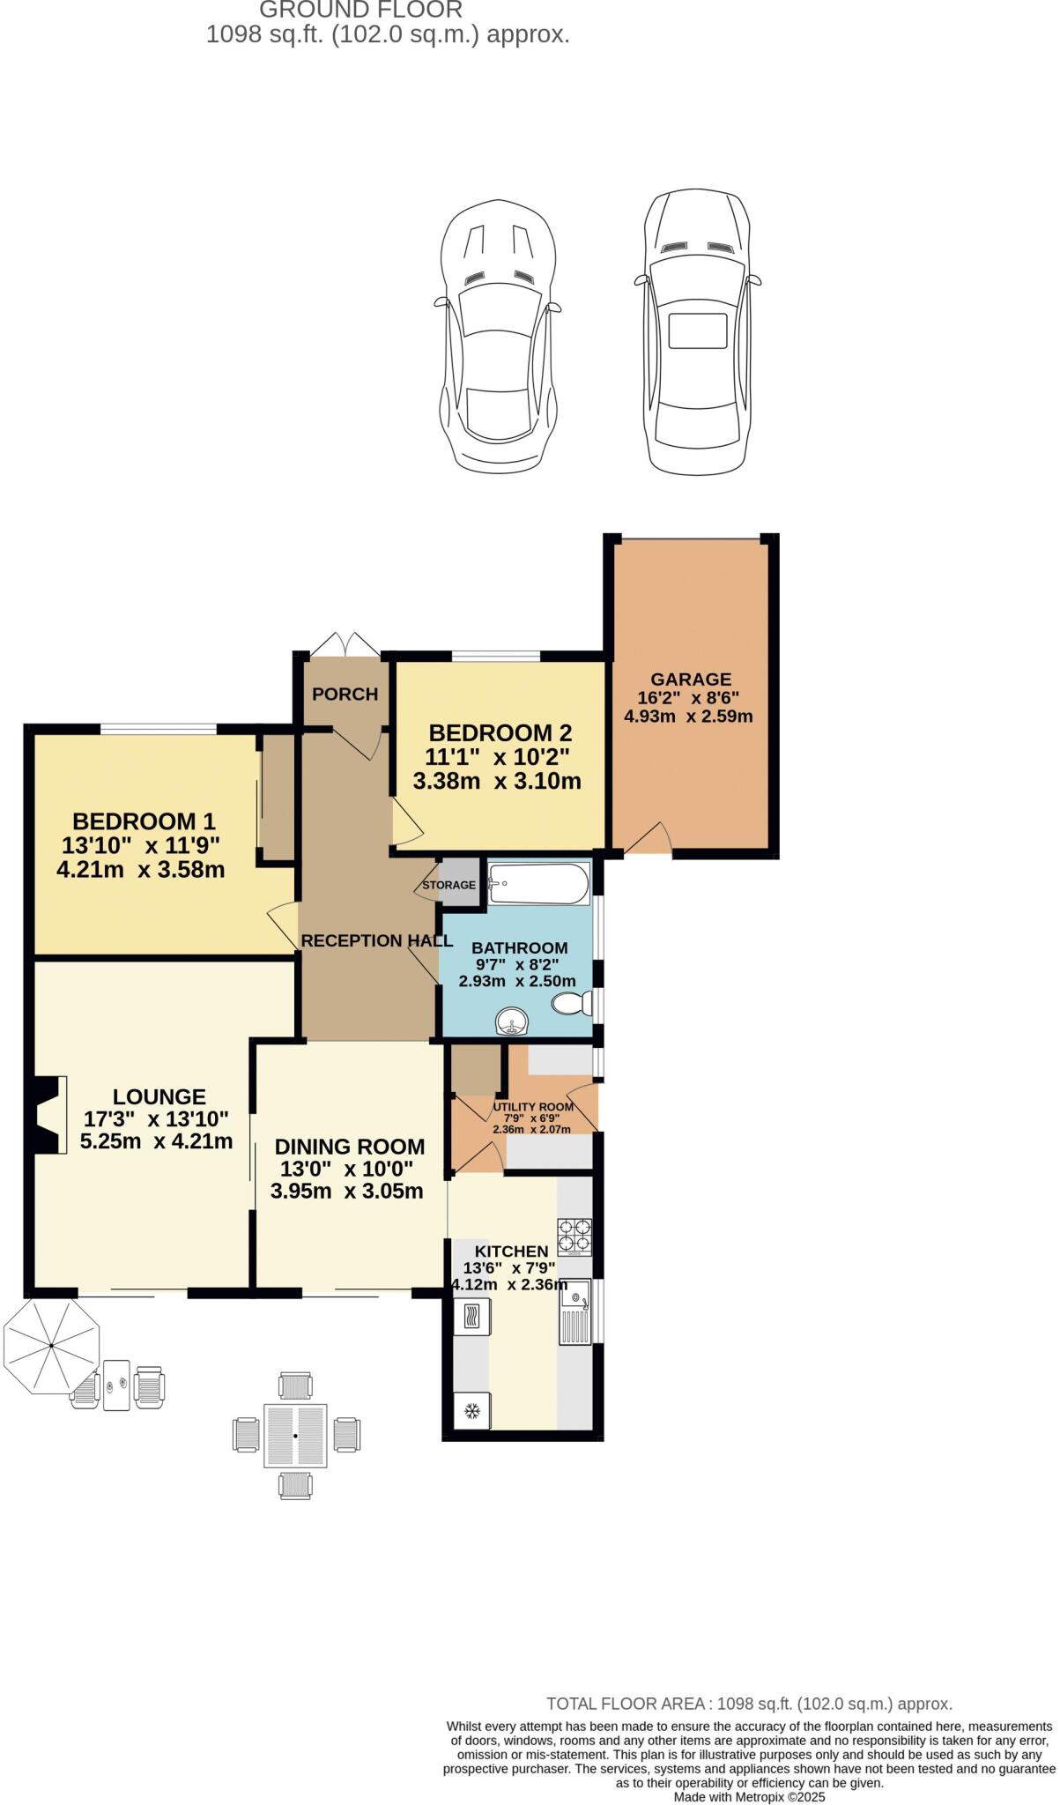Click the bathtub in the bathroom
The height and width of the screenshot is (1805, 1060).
tap(538, 884)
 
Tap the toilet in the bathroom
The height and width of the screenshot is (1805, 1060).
tap(572, 1003)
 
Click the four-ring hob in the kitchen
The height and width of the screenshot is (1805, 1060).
tap(574, 1236)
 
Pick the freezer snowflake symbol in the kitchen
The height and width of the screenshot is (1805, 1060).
tap(472, 1411)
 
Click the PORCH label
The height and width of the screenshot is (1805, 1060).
tap(345, 695)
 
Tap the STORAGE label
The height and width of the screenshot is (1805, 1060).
tap(448, 885)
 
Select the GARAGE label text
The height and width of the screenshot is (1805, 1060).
tap(691, 680)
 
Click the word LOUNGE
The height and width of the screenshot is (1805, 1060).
tap(159, 1096)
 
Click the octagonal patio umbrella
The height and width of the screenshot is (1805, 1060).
tap(51, 1346)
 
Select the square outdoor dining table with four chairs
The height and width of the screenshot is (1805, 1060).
tap(296, 1435)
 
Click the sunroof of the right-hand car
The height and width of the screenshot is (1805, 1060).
tap(698, 331)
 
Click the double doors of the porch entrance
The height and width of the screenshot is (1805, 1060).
tap(345, 643)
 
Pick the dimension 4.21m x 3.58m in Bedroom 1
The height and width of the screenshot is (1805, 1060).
tap(141, 870)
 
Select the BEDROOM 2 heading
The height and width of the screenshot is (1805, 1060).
tap(500, 732)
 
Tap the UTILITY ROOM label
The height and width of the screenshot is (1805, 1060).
tap(533, 1107)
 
